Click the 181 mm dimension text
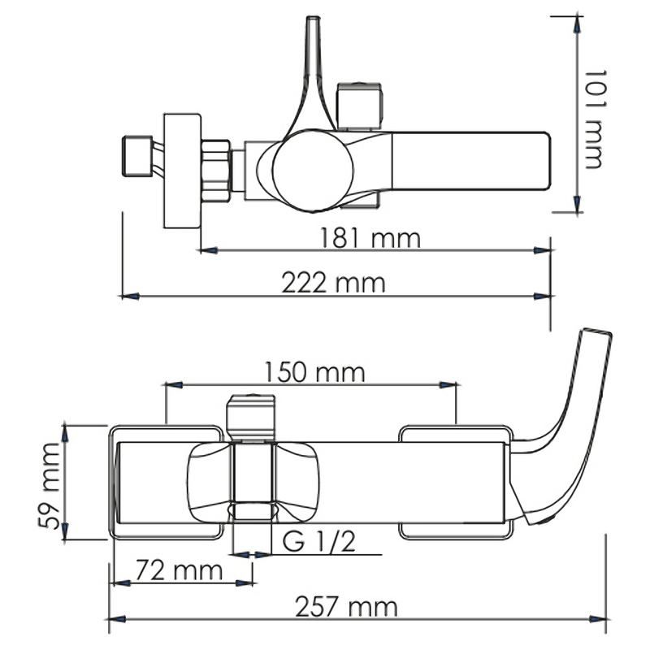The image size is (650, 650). [370, 238]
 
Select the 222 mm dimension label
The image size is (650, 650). [333, 283]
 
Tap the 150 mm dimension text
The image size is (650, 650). [314, 372]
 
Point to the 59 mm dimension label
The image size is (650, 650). [50, 485]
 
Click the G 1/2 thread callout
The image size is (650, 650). [318, 541]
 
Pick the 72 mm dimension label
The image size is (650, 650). [179, 570]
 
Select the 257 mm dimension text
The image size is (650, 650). [346, 607]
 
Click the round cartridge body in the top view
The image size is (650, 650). [313, 171]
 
